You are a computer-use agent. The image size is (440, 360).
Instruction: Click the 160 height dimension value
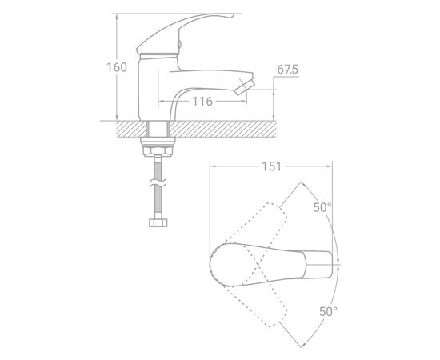(x=117, y=67)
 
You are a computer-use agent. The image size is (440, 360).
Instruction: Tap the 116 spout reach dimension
(x=202, y=102)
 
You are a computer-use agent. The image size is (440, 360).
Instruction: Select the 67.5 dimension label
(x=287, y=70)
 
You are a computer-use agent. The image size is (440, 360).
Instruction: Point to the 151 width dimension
(x=271, y=166)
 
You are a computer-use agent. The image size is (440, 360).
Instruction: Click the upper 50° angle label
(x=322, y=208)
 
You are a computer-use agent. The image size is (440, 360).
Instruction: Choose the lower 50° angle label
(x=328, y=311)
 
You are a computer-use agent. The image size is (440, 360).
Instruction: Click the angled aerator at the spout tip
(x=245, y=87)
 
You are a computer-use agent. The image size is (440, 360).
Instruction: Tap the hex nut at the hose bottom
(x=158, y=223)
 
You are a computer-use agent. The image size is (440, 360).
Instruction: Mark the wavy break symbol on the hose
(x=158, y=184)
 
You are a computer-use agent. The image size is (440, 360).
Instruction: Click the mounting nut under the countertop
(x=158, y=146)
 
